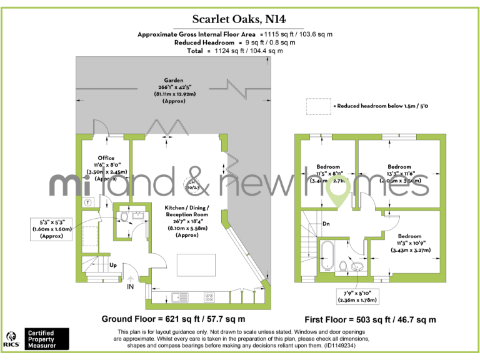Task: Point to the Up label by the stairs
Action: (113, 265)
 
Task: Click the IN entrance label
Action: (130, 286)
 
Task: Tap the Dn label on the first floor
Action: (326, 223)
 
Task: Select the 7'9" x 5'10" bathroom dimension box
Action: (357, 296)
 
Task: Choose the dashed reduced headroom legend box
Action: (318, 106)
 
